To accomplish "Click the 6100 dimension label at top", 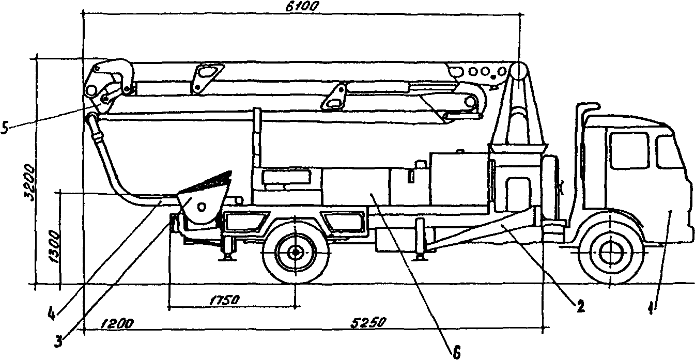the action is (302, 6).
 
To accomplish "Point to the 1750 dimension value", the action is (225, 300).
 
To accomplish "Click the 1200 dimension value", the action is (117, 323).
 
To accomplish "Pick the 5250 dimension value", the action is (368, 322).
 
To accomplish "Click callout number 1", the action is (651, 308).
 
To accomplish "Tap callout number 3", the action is (58, 342).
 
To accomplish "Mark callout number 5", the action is (5, 128).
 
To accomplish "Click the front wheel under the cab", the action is (610, 253).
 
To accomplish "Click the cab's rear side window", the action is (629, 151).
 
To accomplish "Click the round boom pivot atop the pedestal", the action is (519, 71).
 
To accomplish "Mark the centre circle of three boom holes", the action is (485, 72).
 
